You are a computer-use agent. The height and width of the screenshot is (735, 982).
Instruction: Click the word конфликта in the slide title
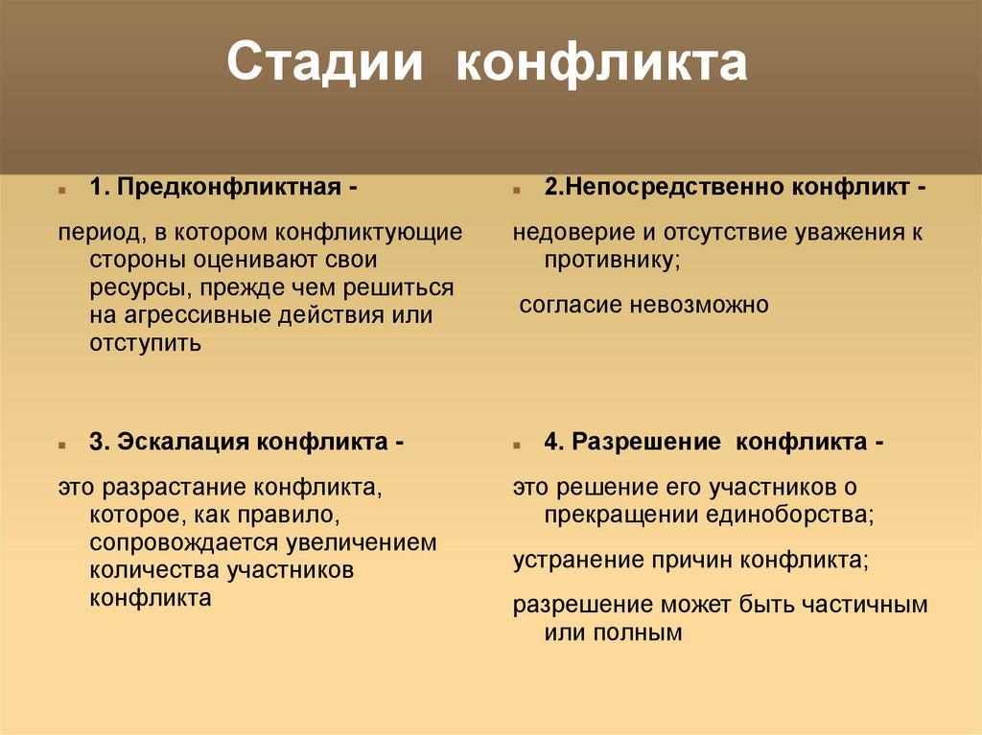click(600, 63)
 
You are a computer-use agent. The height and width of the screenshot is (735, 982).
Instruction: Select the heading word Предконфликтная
click(230, 188)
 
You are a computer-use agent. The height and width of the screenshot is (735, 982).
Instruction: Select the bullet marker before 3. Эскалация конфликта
click(61, 446)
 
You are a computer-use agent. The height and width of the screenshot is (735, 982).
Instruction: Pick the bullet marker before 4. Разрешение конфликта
click(517, 446)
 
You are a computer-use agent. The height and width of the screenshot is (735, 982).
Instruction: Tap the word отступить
click(146, 343)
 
